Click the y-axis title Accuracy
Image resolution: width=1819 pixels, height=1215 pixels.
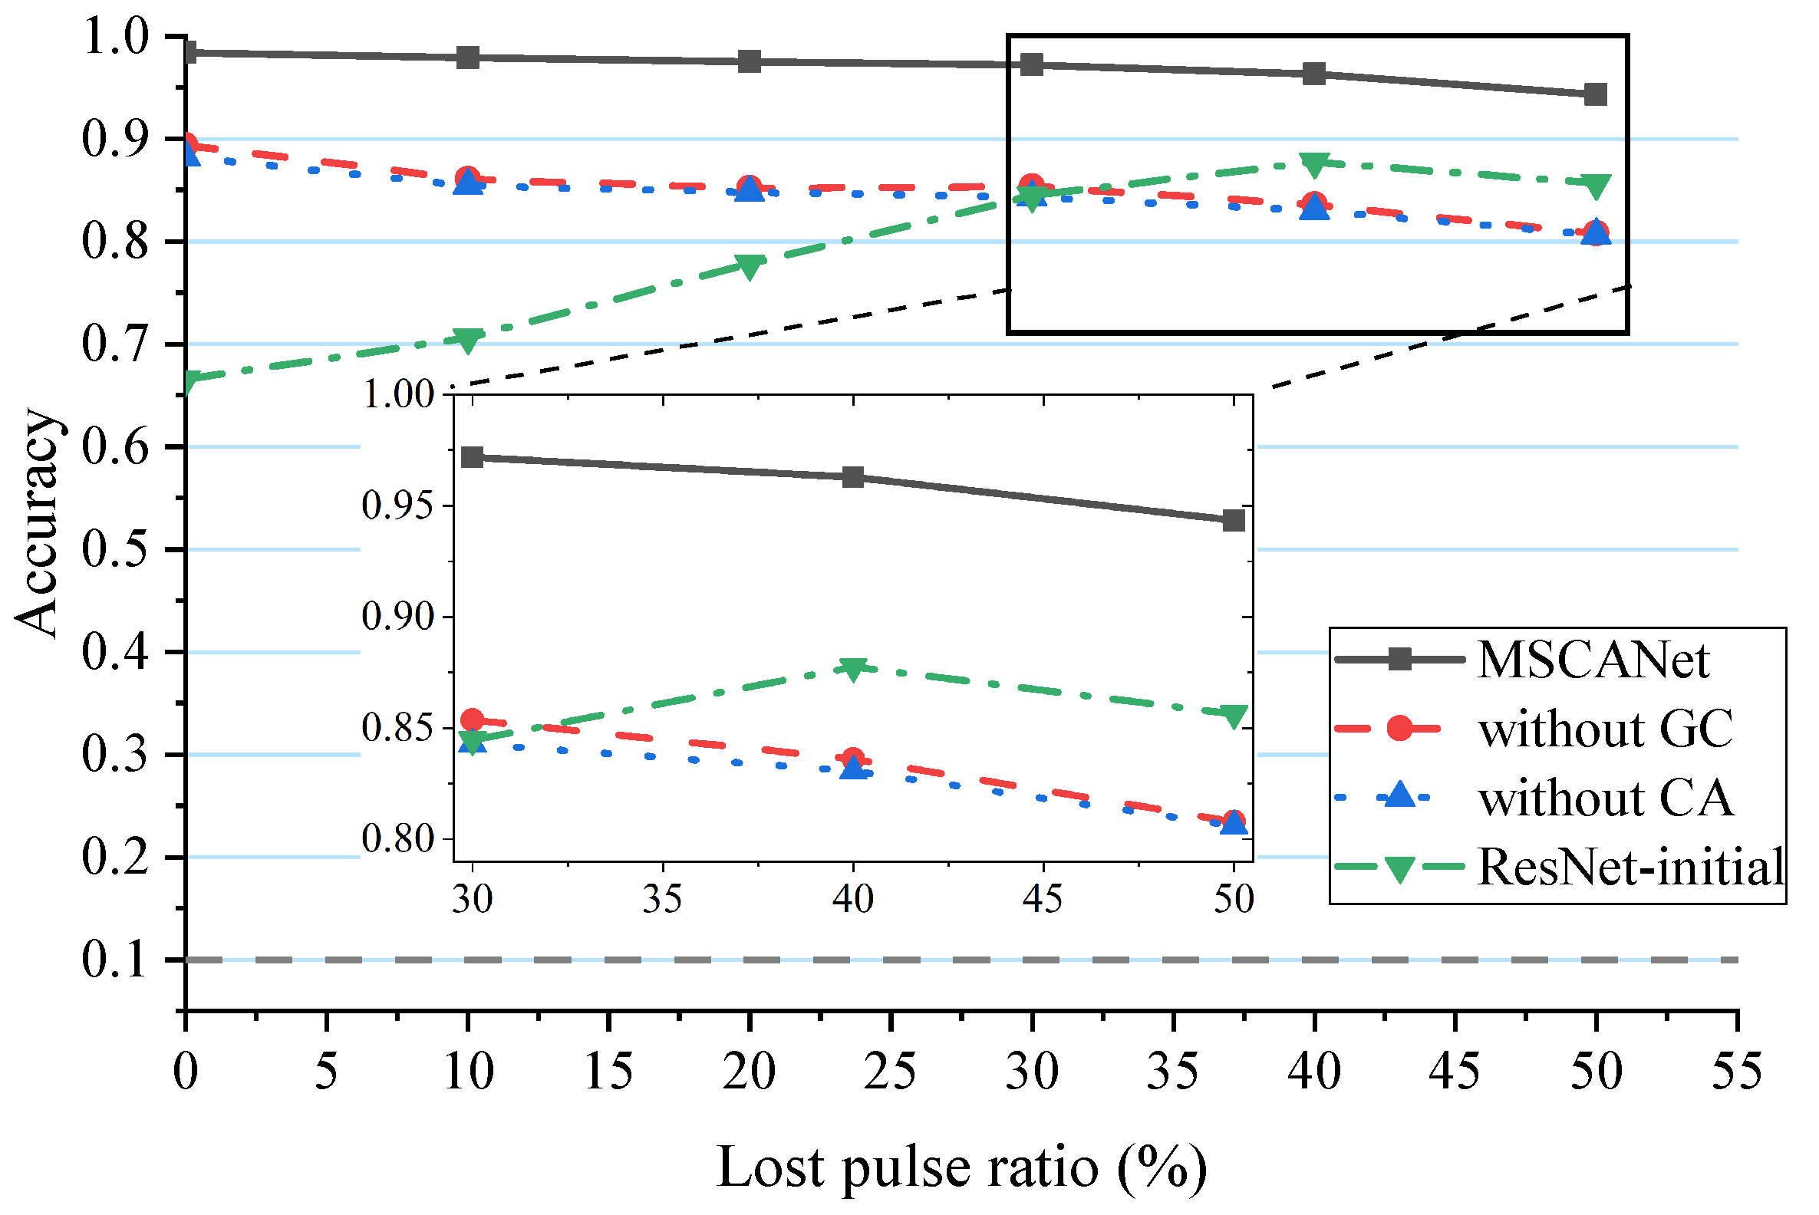click(37, 523)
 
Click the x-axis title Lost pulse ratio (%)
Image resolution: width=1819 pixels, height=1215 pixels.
click(961, 1167)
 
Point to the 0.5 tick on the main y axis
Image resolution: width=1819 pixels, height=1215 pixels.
click(114, 550)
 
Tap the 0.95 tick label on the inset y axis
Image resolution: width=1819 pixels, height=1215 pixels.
click(398, 507)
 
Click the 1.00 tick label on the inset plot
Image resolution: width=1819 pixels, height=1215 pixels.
click(398, 395)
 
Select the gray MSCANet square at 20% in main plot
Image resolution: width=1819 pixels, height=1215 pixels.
click(750, 61)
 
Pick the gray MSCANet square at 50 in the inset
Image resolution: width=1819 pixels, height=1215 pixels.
click(1234, 521)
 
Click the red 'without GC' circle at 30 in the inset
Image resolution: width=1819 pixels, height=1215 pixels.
click(473, 721)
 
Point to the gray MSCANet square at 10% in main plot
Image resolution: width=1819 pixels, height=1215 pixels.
click(468, 58)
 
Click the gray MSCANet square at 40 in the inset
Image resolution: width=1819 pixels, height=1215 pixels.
click(853, 477)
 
